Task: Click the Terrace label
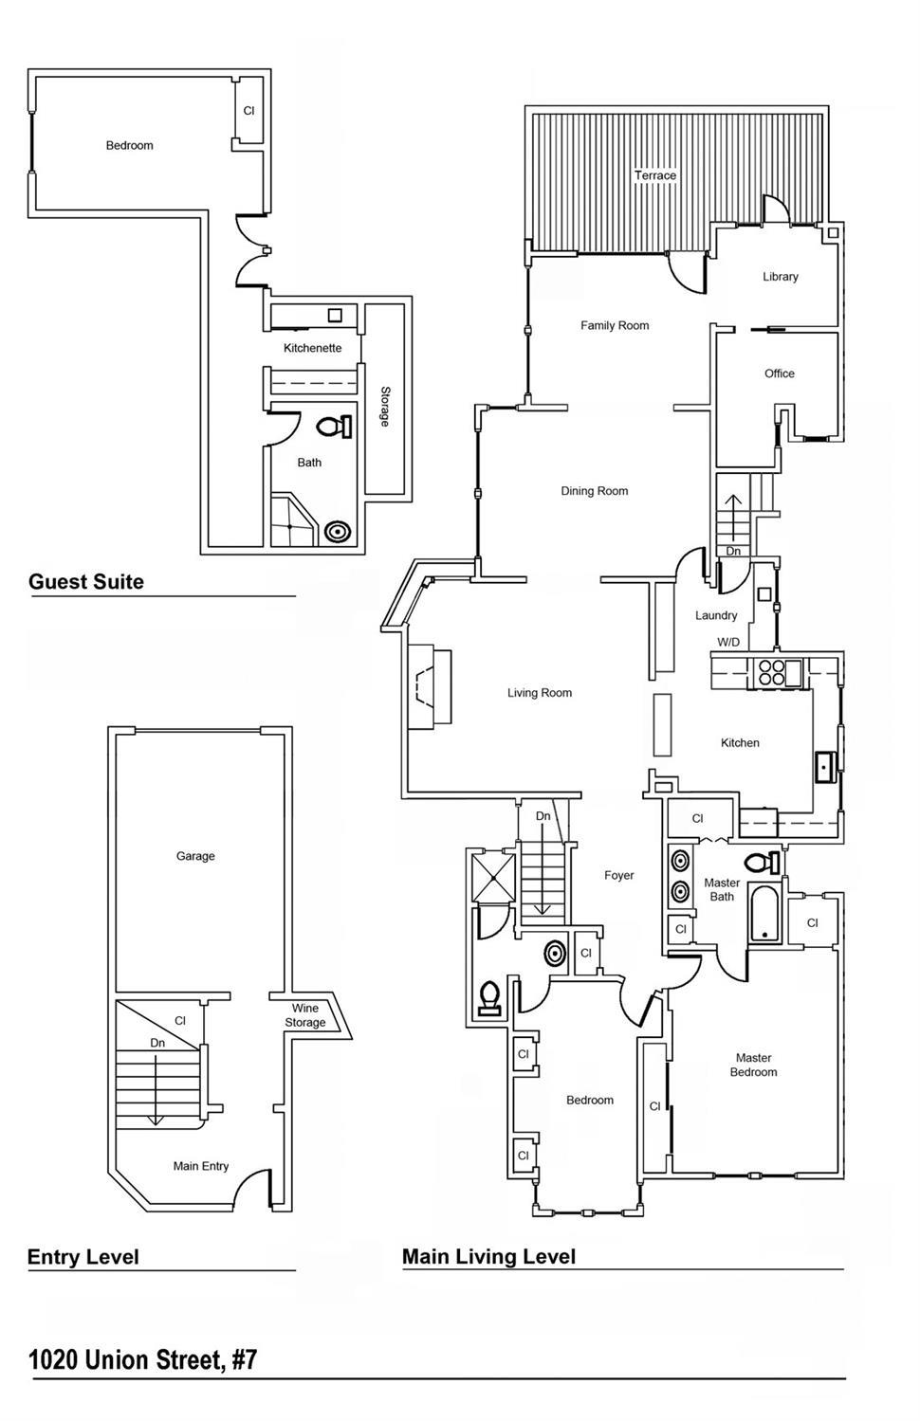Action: [655, 175]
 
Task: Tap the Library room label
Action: [781, 277]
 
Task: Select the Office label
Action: [780, 373]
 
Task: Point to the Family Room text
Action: [615, 325]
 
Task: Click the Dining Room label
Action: [595, 491]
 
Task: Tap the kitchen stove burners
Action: [770, 672]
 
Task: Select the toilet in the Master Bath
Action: [762, 863]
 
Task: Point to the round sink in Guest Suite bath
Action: [338, 532]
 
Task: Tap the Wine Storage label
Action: [305, 1015]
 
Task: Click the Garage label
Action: [195, 856]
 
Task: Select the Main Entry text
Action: [201, 1166]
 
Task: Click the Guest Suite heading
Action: [86, 582]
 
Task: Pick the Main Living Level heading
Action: [488, 1257]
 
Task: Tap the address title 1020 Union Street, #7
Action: [142, 1360]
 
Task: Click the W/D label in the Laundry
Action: [728, 642]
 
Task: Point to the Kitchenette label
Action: [312, 348]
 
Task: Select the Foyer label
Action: [619, 875]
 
